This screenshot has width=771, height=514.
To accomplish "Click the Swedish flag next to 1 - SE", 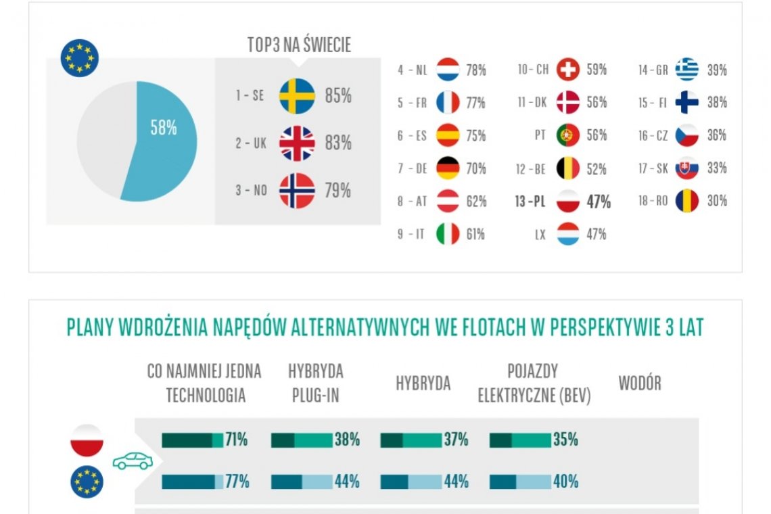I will click(297, 96).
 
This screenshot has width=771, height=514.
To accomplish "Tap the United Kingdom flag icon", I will click(297, 143).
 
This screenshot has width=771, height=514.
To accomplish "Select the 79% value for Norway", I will click(337, 191).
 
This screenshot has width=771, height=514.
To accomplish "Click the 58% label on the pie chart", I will click(164, 127).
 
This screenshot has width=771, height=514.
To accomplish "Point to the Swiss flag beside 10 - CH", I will click(568, 70).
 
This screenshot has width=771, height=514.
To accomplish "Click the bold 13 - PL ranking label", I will click(530, 202).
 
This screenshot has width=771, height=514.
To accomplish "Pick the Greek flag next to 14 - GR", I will click(686, 70).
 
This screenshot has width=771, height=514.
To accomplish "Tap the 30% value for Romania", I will click(717, 201).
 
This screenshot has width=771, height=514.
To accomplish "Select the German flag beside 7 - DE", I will click(448, 168).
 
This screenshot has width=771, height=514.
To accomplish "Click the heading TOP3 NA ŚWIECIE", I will click(299, 45).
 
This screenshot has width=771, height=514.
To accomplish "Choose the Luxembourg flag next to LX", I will click(568, 234).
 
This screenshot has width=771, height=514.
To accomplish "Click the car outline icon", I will click(133, 461).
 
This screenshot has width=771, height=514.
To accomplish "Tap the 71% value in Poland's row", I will click(236, 440).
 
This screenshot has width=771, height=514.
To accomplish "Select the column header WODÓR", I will click(639, 383).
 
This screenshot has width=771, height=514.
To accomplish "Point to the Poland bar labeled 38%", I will click(301, 440).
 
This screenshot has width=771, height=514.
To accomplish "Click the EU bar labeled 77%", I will click(192, 482).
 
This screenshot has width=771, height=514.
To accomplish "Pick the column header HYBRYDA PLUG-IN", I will click(315, 383).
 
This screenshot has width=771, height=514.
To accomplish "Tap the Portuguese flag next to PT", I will click(568, 135).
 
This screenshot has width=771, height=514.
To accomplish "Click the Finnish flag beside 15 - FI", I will click(686, 103).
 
